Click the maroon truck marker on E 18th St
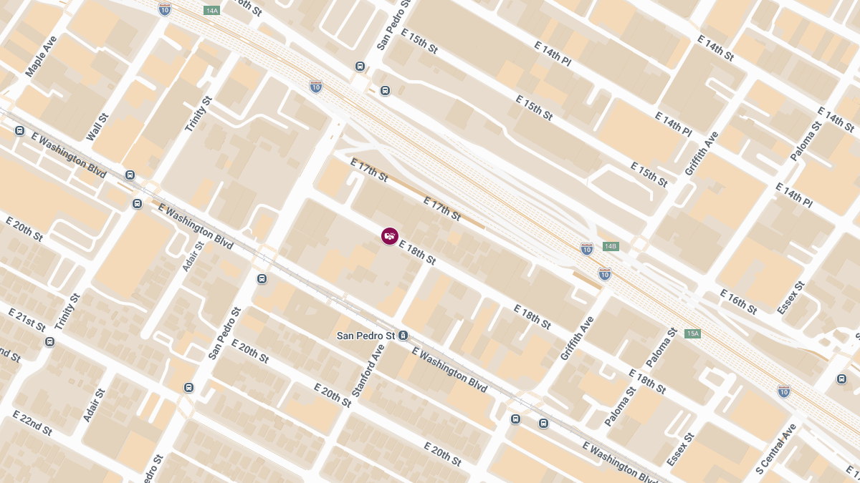(x=390, y=236)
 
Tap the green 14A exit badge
(x=212, y=11)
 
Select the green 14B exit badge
(x=610, y=246)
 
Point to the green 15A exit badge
(x=692, y=333)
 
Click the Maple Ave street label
(x=41, y=57)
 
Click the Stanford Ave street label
(x=369, y=371)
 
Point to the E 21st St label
(x=27, y=319)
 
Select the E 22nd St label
(x=32, y=424)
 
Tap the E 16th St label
(x=738, y=302)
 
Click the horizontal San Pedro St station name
(x=366, y=336)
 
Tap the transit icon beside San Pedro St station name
(x=404, y=335)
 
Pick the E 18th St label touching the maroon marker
(x=417, y=253)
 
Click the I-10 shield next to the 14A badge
(x=165, y=9)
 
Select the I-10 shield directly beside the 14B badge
(x=587, y=248)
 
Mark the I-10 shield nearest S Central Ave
(x=784, y=391)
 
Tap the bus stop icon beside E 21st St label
(x=49, y=341)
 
